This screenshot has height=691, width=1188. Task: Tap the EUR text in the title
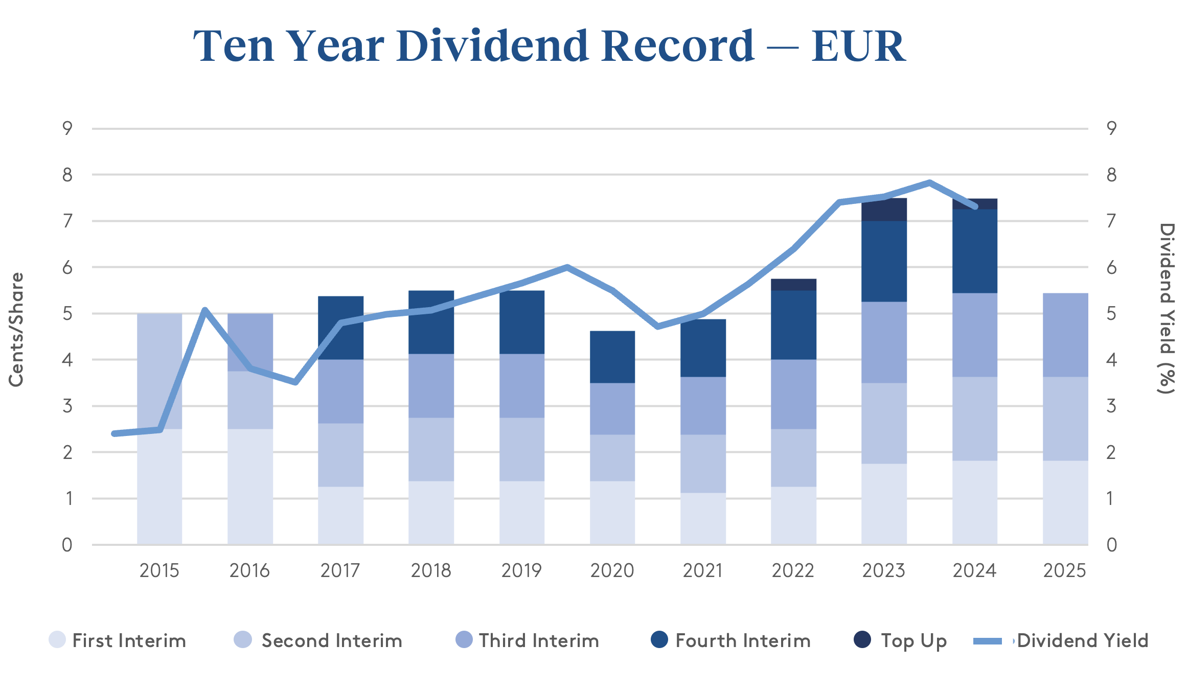[858, 47]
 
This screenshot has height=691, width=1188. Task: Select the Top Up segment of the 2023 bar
[884, 210]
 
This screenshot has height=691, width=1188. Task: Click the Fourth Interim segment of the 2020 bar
[612, 357]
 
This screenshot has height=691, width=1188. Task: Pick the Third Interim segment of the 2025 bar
[1065, 335]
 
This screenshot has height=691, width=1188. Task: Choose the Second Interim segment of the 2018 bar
[431, 449]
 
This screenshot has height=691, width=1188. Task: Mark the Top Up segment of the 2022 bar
[793, 285]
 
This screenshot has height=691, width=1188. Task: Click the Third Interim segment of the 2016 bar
[250, 342]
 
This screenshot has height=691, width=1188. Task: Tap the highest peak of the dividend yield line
[929, 182]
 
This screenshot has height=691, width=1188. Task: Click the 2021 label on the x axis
[703, 570]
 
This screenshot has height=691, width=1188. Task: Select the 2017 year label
[340, 570]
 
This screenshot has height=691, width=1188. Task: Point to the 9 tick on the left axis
[67, 128]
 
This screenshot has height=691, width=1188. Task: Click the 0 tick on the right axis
[1111, 545]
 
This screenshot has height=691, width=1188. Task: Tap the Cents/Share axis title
[16, 330]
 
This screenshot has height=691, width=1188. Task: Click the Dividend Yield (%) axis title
[1167, 309]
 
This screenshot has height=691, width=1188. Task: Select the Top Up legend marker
[862, 639]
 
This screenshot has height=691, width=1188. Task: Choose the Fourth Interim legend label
[743, 640]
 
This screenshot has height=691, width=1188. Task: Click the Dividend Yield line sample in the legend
[988, 641]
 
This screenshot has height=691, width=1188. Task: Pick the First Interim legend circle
[57, 639]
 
